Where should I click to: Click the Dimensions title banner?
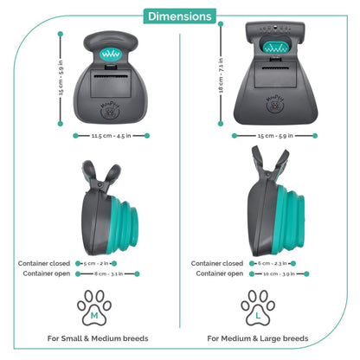point(179,16)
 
